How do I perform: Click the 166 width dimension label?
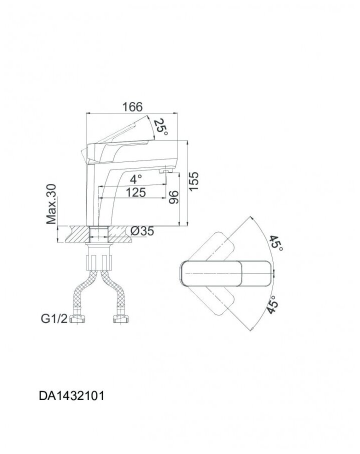click(x=132, y=107)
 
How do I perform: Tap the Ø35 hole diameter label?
click(x=142, y=231)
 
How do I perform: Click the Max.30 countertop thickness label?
click(x=52, y=203)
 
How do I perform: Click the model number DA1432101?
click(x=72, y=396)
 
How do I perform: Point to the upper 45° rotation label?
click(x=276, y=243)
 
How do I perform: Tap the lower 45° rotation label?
click(x=273, y=302)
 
